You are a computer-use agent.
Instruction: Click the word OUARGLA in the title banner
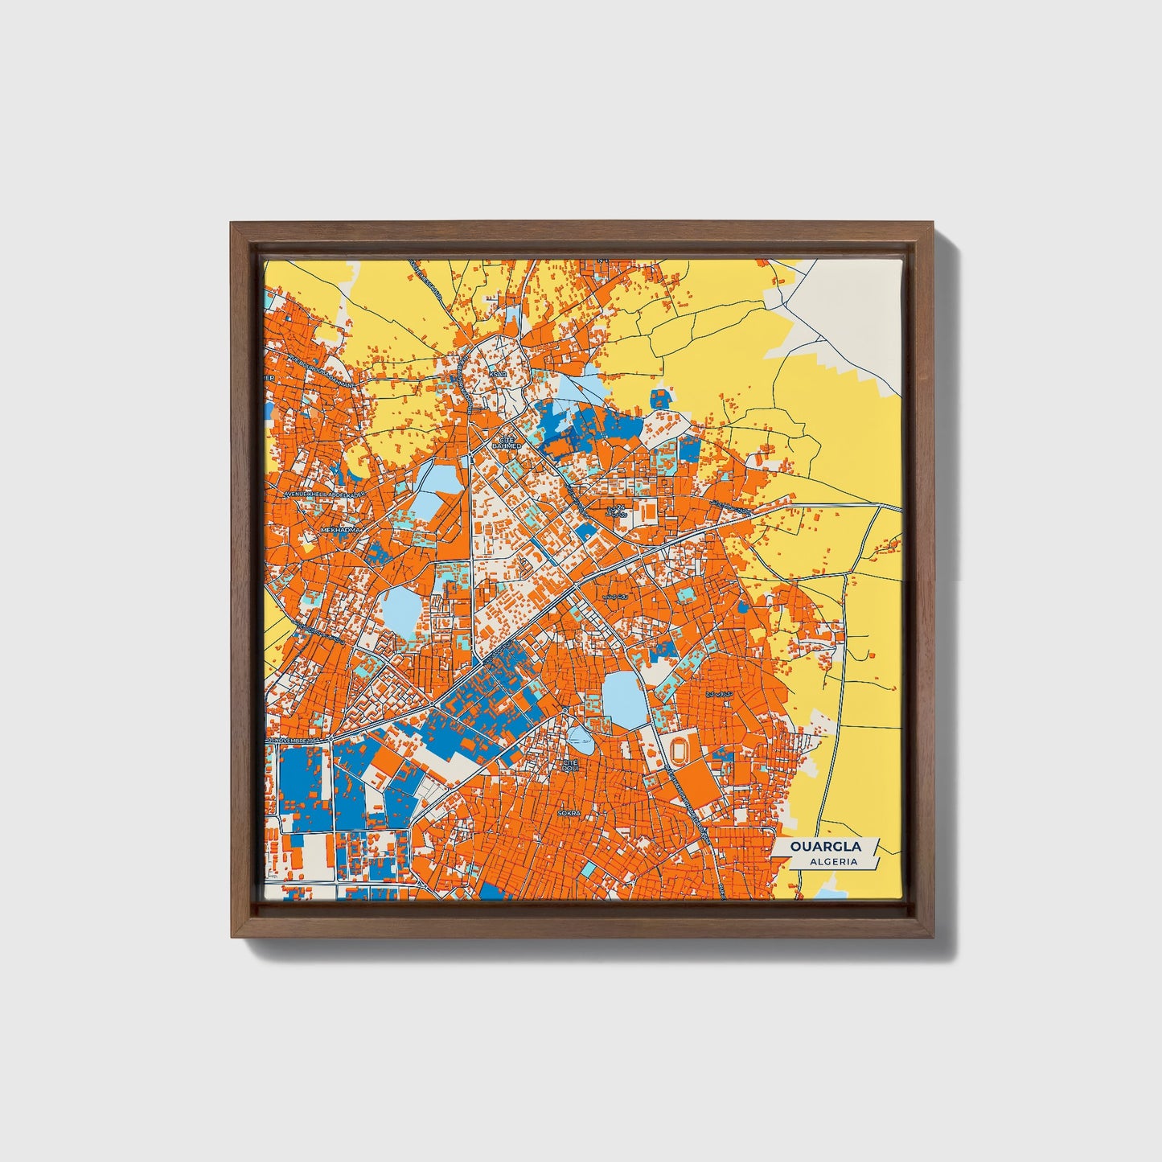tap(825, 847)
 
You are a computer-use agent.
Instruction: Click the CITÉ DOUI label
tap(571, 765)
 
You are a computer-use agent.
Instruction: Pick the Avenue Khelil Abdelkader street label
tap(324, 494)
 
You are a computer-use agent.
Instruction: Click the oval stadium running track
tap(680, 750)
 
